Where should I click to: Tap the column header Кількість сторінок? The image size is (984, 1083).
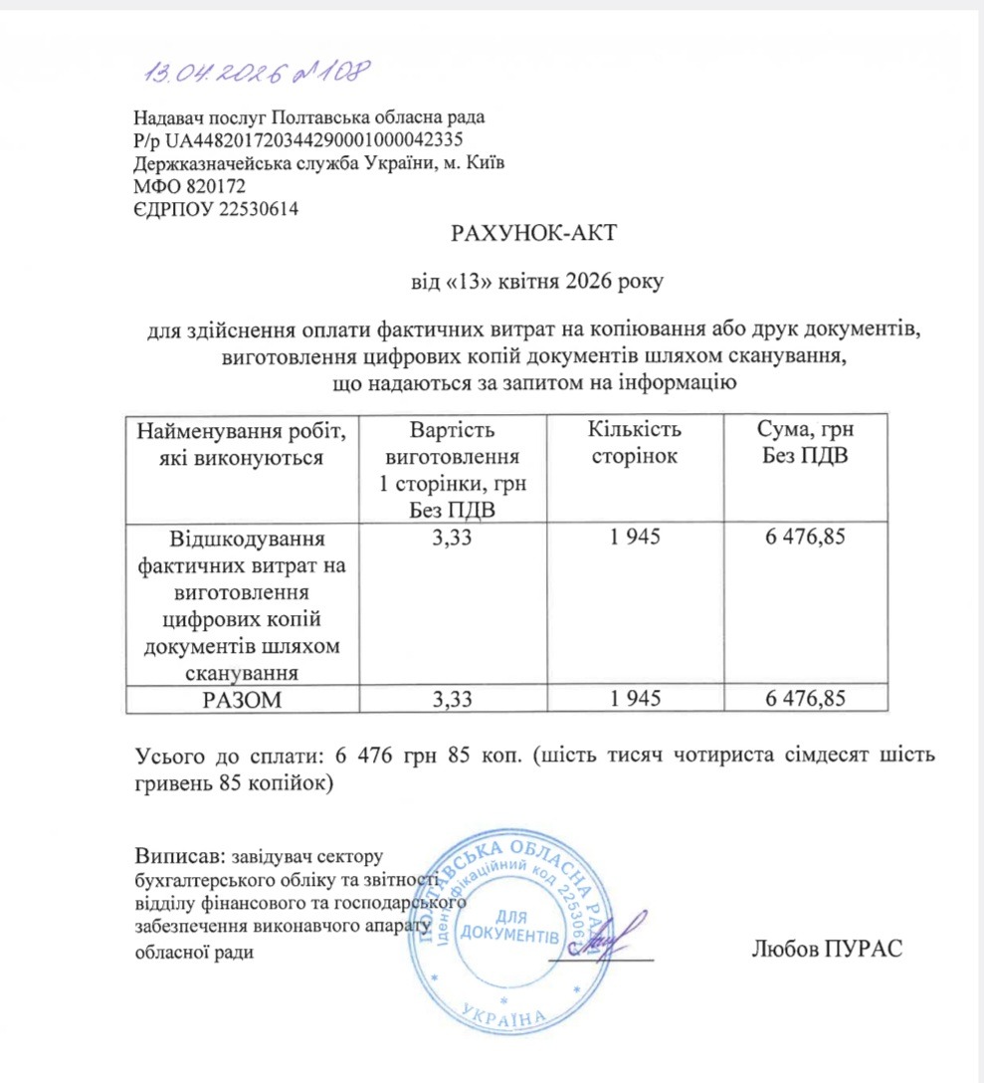click(x=634, y=443)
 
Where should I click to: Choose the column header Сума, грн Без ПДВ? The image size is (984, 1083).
click(x=805, y=443)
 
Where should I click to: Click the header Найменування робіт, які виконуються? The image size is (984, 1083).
click(x=242, y=443)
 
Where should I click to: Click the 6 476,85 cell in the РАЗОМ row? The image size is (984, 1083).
click(x=805, y=700)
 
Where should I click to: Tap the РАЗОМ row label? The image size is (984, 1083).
click(x=242, y=700)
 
